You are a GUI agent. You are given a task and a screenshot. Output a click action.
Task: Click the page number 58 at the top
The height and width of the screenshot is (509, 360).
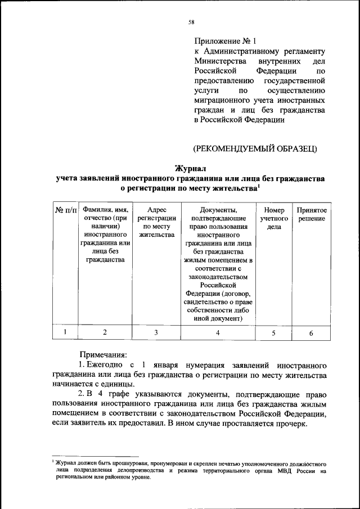[191, 22]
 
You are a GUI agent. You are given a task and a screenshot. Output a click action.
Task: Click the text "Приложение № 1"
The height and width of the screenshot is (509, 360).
[225, 41]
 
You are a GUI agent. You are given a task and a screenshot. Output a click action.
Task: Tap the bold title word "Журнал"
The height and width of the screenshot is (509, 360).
[191, 168]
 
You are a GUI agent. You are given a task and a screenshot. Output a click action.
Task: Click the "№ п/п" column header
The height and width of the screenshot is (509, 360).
[65, 210]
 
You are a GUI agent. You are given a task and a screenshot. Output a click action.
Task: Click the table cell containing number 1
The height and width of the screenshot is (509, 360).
[65, 332]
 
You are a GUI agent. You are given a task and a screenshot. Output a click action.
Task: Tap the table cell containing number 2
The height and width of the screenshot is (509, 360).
[105, 332]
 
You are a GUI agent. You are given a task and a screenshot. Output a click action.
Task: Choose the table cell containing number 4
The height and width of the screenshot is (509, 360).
[218, 332]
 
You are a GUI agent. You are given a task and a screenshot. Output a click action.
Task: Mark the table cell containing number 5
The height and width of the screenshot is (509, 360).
[274, 332]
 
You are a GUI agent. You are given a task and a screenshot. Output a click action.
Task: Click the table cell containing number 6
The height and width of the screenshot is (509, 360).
[311, 333]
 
